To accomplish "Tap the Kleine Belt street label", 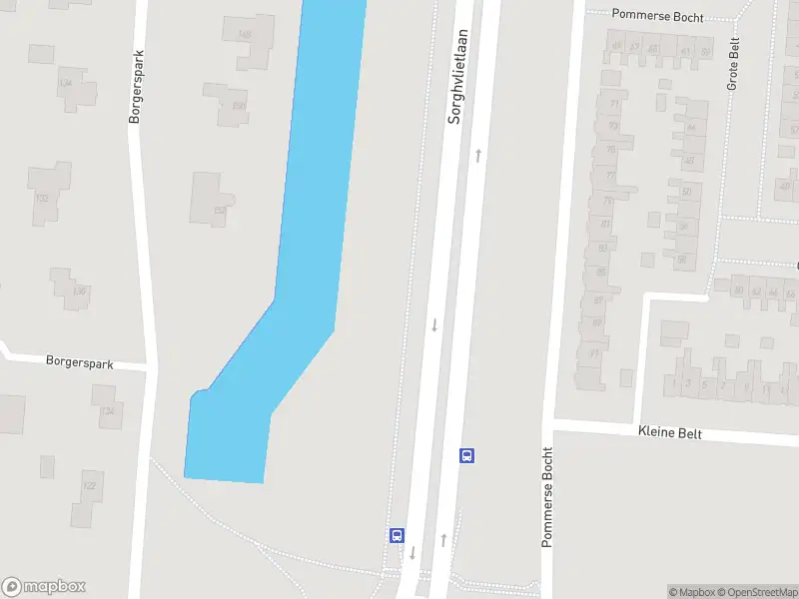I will [669, 433].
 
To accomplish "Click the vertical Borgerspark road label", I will [137, 87].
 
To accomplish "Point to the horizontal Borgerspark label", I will [80, 362].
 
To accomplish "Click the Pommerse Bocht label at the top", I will [658, 17].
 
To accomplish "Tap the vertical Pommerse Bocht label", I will [547, 497].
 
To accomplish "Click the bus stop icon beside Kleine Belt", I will [466, 455].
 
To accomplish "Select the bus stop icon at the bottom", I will [397, 535].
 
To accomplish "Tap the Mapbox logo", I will [44, 587].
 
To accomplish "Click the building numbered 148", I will [247, 38].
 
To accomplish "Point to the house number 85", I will [600, 272].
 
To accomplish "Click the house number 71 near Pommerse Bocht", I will [594, 352].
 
